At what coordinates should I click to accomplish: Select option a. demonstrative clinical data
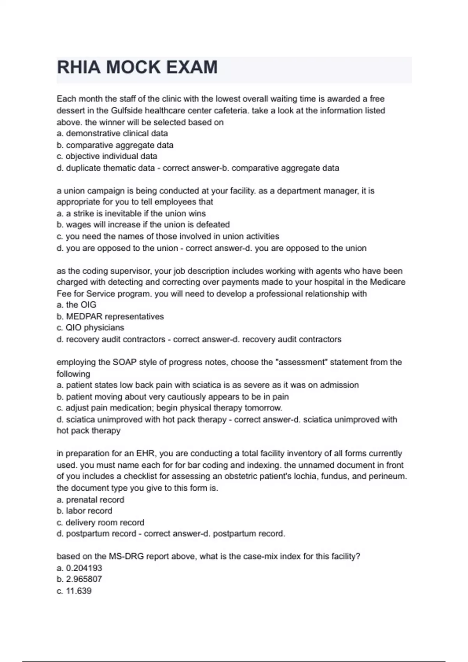pyautogui.click(x=112, y=134)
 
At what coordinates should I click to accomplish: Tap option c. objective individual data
pyautogui.click(x=107, y=157)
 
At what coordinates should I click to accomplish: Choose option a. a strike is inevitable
pyautogui.click(x=131, y=213)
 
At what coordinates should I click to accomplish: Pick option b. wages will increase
pyautogui.click(x=143, y=225)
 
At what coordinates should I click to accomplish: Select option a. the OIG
pyautogui.click(x=76, y=305)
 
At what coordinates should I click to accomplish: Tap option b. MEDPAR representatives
pyautogui.click(x=110, y=317)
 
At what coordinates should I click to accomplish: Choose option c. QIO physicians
pyautogui.click(x=90, y=328)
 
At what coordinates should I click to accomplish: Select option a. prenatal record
pyautogui.click(x=90, y=500)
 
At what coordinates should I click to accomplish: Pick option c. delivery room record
pyautogui.click(x=100, y=523)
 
